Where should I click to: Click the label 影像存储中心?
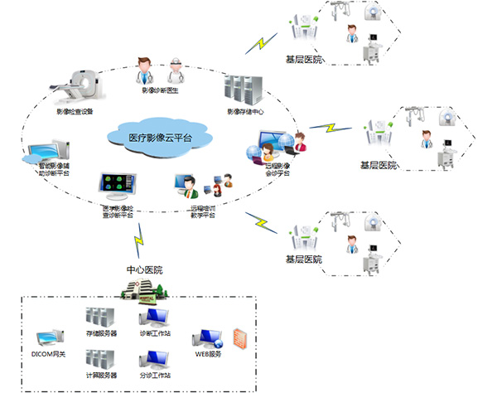coord(245,112)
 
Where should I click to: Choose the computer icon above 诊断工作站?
coord(155,318)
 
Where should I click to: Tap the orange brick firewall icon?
coord(240,337)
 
